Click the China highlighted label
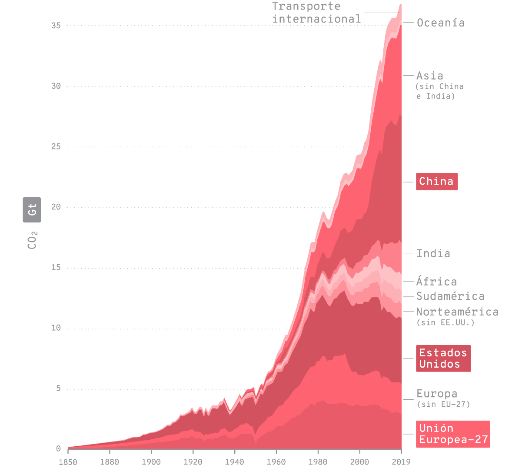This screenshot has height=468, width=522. [x=436, y=182]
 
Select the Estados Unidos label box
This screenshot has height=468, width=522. [x=443, y=358]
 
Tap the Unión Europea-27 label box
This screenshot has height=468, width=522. [x=452, y=434]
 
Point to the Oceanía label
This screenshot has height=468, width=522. [x=440, y=23]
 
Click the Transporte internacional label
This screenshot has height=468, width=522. [x=316, y=13]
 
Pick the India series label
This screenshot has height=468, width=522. [x=433, y=253]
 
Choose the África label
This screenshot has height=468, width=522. [x=436, y=282]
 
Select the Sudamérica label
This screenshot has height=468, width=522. [x=450, y=296]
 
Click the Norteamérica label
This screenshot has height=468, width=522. [x=457, y=312]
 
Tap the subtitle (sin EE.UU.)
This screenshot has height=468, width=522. [x=445, y=322]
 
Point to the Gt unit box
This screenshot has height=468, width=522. [x=32, y=210]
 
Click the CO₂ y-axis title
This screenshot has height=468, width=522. [x=33, y=240]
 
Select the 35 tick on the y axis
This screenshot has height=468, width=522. [x=56, y=26]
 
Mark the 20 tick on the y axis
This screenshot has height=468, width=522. [x=56, y=207]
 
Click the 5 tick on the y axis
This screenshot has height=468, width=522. [x=58, y=388]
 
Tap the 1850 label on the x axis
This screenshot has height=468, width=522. [x=68, y=461]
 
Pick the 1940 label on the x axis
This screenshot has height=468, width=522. [x=234, y=461]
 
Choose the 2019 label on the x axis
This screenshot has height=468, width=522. [x=401, y=461]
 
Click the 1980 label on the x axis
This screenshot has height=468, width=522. [x=318, y=461]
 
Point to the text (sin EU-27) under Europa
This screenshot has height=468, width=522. [x=443, y=404]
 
